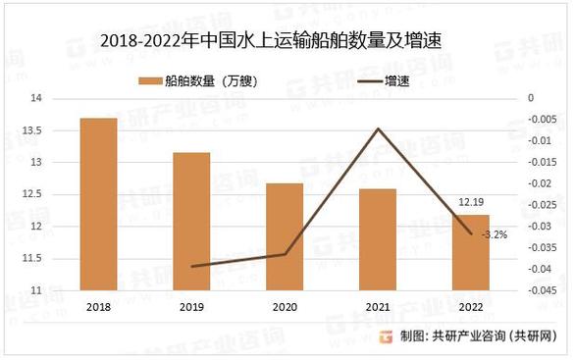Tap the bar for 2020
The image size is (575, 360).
tap(285, 236)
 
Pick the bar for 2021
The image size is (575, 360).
tap(378, 239)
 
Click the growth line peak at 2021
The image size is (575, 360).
tap(378, 129)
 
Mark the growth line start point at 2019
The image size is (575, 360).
tap(192, 266)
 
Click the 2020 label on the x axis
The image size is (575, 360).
tap(285, 306)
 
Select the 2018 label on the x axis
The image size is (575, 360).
tap(98, 306)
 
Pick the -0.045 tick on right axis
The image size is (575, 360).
tap(544, 290)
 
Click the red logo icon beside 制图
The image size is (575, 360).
tap(388, 336)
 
